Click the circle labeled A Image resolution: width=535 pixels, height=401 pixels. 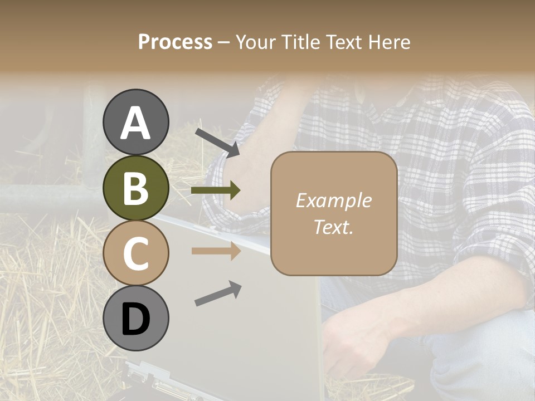(x=136, y=122)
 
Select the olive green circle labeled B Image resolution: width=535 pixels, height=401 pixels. (x=136, y=188)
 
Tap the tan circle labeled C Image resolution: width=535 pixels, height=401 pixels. (x=136, y=253)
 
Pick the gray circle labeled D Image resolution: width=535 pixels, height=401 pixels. (x=136, y=319)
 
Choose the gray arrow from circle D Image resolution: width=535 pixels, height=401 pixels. (x=218, y=294)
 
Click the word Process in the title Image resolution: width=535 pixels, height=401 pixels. (x=175, y=42)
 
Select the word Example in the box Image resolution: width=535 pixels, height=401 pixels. (x=333, y=201)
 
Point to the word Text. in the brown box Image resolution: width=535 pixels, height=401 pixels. (x=333, y=227)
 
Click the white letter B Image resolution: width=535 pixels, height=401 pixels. (x=136, y=188)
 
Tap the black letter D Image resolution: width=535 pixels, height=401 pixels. (x=136, y=320)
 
